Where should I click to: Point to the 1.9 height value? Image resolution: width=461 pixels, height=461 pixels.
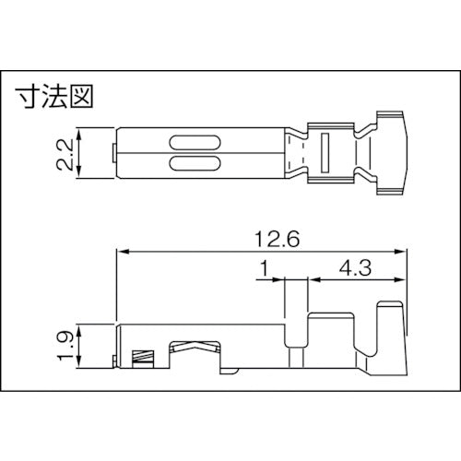point(64,345)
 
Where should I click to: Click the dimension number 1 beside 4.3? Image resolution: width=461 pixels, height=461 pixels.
point(264,269)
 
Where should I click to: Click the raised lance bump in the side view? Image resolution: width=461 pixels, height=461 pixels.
point(194,345)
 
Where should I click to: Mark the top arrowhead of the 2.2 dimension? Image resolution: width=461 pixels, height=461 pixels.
point(85,132)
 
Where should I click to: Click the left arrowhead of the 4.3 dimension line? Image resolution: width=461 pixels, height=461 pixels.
point(311,278)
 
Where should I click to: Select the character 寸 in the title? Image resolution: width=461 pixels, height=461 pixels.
point(28,96)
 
